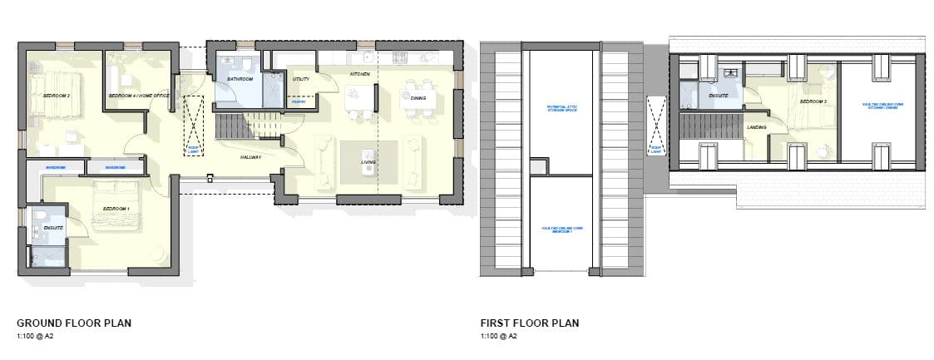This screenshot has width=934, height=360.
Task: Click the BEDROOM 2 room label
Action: point(57,96)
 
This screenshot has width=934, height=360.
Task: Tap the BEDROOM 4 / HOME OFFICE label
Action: point(139,96)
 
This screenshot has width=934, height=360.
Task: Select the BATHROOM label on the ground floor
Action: point(240,79)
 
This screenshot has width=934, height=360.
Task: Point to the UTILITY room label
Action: point(301,79)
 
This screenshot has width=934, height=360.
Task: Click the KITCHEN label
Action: point(359,75)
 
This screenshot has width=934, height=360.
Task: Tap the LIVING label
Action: point(368,150)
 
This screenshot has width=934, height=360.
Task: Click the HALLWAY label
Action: point(252,156)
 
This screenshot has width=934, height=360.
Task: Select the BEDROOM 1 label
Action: point(114,208)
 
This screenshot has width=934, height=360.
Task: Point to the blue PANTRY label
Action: point(299,101)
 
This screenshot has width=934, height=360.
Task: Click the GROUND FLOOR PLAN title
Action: point(74,323)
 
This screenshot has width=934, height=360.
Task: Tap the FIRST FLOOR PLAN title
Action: point(529,323)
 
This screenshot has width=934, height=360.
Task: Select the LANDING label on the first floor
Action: point(757,127)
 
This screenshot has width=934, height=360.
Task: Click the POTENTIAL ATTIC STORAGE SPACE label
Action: point(562,110)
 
